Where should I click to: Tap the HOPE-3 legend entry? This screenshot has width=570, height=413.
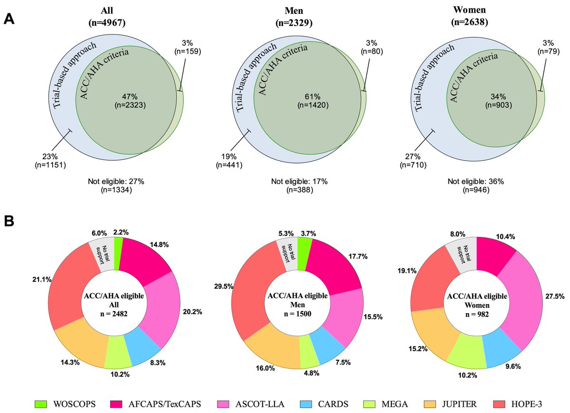526,404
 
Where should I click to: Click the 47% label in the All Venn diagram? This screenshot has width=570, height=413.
123,99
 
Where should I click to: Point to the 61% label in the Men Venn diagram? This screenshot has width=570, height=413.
304,99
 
